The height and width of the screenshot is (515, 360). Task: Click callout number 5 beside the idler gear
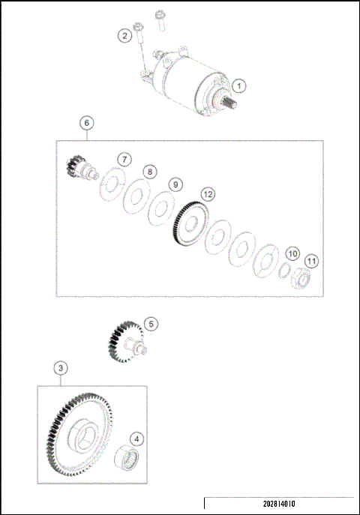coord(151,324)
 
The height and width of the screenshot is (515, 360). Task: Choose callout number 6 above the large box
coord(86,122)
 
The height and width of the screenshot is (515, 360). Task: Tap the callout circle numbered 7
coord(124,159)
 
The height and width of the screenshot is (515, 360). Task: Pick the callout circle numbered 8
coord(150,172)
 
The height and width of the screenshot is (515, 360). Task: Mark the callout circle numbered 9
coord(174,184)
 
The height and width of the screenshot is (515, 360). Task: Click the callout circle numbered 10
coord(292,253)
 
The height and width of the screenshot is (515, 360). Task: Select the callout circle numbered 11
coord(311,261)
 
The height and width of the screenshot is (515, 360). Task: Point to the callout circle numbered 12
coord(206,194)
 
